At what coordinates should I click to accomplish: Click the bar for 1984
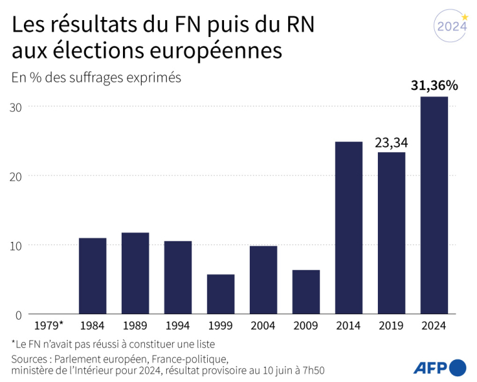tap(92, 276)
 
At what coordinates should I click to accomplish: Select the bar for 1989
tap(135, 273)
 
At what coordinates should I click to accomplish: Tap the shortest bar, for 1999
tap(220, 294)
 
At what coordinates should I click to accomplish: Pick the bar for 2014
tap(348, 227)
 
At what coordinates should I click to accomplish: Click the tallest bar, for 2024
tap(434, 205)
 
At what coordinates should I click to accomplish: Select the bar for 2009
tap(306, 292)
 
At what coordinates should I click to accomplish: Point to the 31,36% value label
tap(434, 85)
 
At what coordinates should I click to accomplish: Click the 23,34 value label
tap(391, 143)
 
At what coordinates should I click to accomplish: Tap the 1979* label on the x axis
tap(48, 325)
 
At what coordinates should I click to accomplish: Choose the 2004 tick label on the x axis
tap(263, 325)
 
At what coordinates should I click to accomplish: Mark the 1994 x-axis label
tap(178, 325)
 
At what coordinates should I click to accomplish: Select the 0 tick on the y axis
tap(19, 314)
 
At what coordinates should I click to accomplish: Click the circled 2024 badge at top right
tap(451, 27)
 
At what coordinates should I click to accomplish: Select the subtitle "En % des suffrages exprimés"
tap(96, 77)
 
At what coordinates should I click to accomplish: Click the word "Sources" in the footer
tap(31, 359)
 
